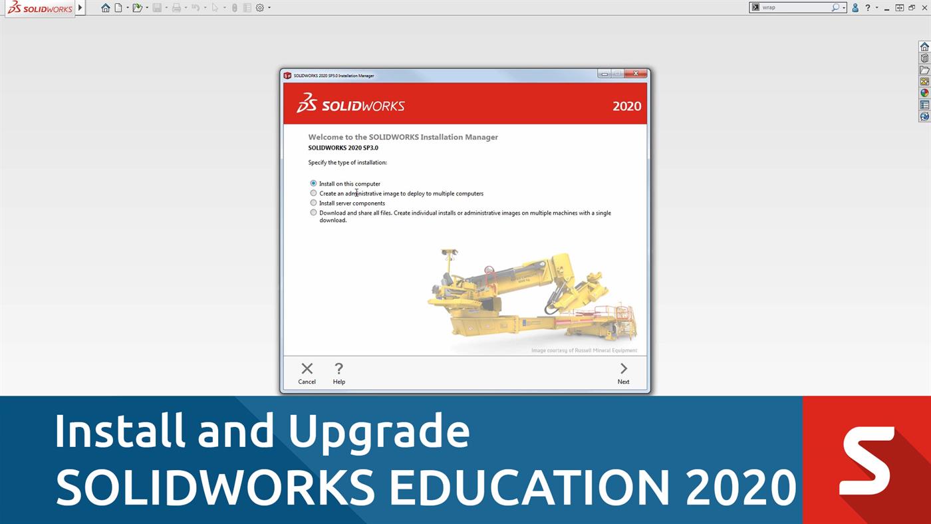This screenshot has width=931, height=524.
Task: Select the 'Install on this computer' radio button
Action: (313, 184)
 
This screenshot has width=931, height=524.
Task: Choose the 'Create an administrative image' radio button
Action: (313, 194)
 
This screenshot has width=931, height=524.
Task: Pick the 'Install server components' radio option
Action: (313, 203)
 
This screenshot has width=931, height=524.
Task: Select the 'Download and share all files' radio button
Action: (313, 213)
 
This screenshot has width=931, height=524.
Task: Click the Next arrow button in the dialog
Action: (623, 372)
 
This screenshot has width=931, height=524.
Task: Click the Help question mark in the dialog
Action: (338, 372)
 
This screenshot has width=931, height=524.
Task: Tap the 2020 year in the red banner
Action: (626, 106)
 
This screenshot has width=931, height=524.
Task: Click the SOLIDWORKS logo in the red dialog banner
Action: (350, 104)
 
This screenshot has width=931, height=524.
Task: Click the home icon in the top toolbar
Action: (105, 8)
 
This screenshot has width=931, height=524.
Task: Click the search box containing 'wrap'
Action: (795, 7)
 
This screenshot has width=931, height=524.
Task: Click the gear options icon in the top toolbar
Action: (260, 8)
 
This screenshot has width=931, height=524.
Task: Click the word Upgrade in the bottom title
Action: (378, 431)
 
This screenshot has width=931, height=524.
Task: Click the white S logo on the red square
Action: (866, 461)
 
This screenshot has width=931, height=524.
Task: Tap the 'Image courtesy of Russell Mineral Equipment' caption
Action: (584, 350)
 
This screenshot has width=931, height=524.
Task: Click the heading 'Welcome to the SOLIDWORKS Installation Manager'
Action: (403, 137)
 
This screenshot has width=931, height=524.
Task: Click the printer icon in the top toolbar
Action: (176, 8)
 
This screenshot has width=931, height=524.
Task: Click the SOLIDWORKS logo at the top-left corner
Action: (40, 8)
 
